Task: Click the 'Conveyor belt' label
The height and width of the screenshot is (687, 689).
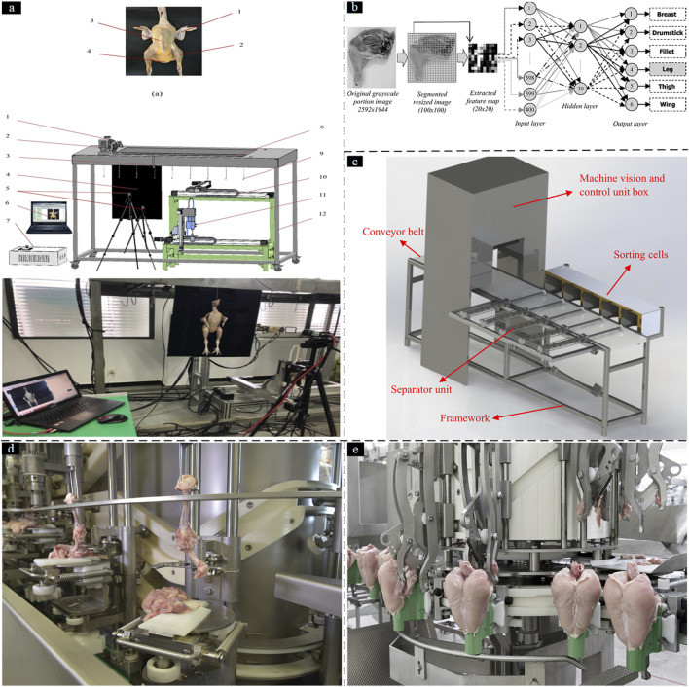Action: coord(395,232)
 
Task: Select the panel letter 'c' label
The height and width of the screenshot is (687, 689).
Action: coord(360,161)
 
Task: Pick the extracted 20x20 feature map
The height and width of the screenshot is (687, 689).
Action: coord(481,57)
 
